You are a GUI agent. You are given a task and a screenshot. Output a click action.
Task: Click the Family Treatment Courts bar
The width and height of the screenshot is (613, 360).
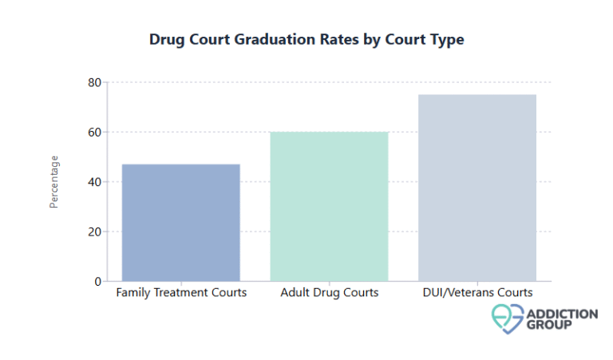pyautogui.click(x=181, y=222)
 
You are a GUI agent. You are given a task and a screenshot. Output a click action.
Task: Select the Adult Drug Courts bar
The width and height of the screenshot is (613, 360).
pyautogui.click(x=329, y=206)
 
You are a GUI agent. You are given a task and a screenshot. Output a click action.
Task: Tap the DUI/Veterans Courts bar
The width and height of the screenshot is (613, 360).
pyautogui.click(x=477, y=188)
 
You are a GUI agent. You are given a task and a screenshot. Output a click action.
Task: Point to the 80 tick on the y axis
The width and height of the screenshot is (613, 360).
pyautogui.click(x=94, y=82)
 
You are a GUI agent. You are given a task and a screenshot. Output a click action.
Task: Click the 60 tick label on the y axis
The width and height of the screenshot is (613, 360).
pyautogui.click(x=94, y=132)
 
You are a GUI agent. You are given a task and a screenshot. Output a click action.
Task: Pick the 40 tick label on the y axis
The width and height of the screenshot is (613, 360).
pyautogui.click(x=94, y=182)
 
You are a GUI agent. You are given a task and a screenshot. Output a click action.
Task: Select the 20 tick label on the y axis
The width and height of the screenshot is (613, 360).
pyautogui.click(x=94, y=231)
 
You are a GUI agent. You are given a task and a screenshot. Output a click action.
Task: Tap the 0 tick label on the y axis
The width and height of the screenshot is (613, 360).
pyautogui.click(x=97, y=282)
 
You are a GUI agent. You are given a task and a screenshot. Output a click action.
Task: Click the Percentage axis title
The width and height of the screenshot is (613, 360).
pyautogui.click(x=54, y=182)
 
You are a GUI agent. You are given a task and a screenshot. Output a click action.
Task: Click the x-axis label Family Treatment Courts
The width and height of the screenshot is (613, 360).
pyautogui.click(x=181, y=293)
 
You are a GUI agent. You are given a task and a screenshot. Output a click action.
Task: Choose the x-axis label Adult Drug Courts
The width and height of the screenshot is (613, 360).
pyautogui.click(x=329, y=293)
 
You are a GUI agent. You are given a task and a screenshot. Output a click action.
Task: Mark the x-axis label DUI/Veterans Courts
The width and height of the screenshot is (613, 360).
pyautogui.click(x=477, y=293)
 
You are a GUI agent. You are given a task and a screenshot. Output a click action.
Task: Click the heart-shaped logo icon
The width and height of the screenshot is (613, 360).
pyautogui.click(x=505, y=318)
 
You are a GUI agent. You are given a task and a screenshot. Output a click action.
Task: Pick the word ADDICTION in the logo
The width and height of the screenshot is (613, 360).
pyautogui.click(x=560, y=313)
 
